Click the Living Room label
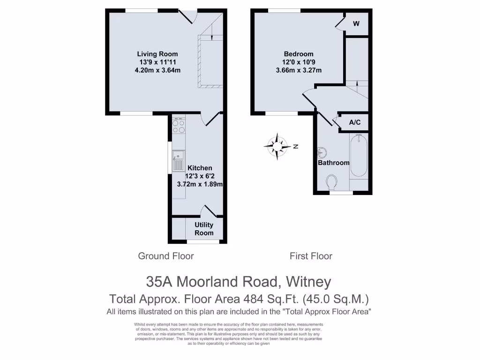click(157, 54)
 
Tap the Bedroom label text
click(299, 54)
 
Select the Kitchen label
click(200, 168)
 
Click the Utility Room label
click(204, 229)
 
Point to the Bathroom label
click(334, 163)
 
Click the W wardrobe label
click(356, 24)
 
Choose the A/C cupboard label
click(355, 122)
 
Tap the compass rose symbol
click(277, 146)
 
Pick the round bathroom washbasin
click(322, 152)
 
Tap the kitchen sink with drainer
click(178, 160)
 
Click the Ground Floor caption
click(165, 256)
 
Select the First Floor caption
click(311, 256)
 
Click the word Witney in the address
click(308, 282)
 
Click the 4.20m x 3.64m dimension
click(157, 70)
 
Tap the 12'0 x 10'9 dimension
click(299, 62)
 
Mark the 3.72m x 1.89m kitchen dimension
click(200, 184)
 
